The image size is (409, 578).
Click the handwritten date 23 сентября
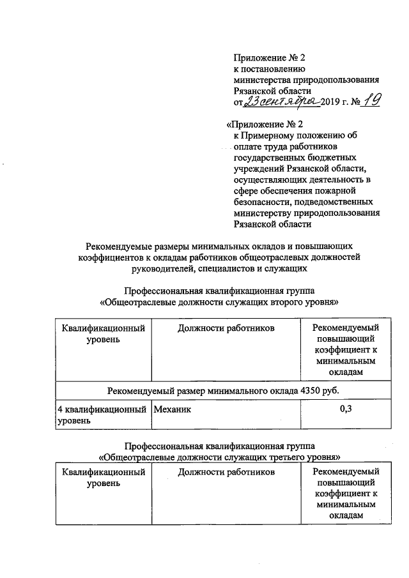[x=281, y=102]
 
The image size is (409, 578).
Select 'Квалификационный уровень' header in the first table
[x=102, y=334]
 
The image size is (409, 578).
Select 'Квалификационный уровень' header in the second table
[x=102, y=478]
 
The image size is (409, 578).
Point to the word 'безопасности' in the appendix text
[x=261, y=202]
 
